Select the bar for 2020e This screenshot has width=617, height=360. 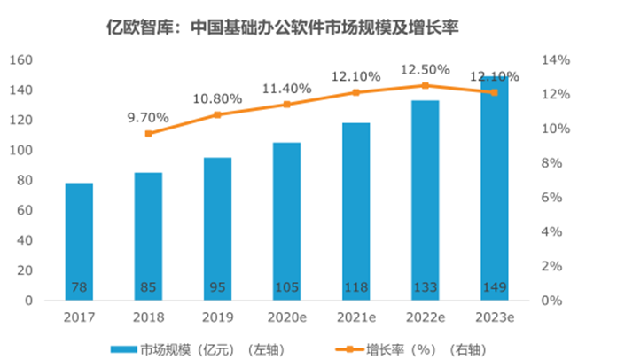(x=286, y=221)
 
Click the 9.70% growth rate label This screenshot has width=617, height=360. (x=148, y=115)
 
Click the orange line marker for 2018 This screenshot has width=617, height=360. (x=148, y=134)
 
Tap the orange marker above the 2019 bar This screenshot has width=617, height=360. (x=217, y=114)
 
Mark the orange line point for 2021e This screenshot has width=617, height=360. (x=355, y=92)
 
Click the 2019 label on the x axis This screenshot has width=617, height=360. (x=217, y=316)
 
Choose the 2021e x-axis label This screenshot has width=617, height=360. (x=355, y=316)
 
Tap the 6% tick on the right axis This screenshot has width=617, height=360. (x=553, y=198)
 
